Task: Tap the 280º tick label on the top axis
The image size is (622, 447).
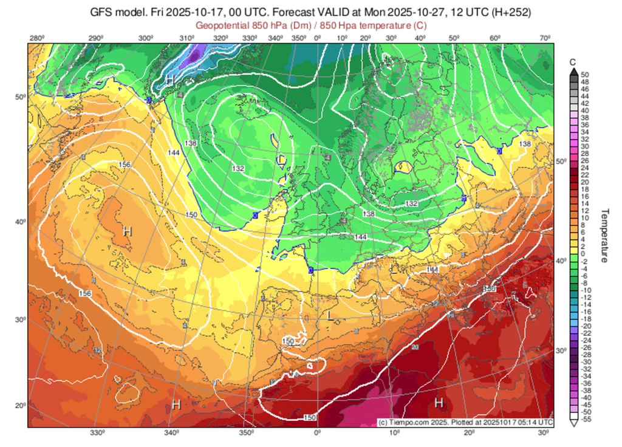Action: [x=36, y=39]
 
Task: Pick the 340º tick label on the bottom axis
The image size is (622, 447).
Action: [x=172, y=433]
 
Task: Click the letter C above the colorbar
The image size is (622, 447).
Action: [x=572, y=63]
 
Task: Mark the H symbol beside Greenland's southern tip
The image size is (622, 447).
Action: [x=169, y=80]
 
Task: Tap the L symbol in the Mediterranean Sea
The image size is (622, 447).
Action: [x=330, y=316]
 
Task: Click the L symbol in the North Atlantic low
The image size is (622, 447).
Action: [x=280, y=159]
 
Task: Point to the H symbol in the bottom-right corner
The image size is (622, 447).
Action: [x=439, y=403]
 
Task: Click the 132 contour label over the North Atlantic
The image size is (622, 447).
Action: [x=239, y=168]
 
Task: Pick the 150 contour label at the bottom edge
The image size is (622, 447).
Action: [x=309, y=417]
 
